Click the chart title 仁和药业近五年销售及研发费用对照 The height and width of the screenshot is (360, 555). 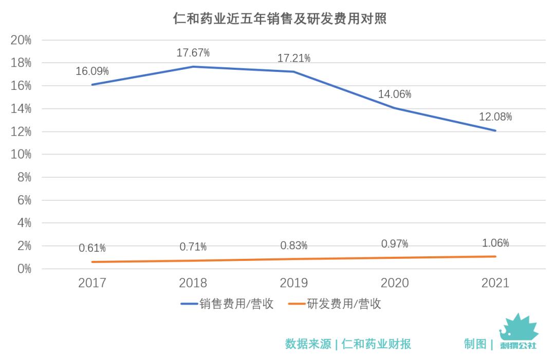tap(280, 20)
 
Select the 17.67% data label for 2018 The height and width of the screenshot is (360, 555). tap(193, 52)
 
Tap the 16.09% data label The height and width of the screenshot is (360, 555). tap(92, 71)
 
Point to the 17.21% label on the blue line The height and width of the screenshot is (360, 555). tap(294, 58)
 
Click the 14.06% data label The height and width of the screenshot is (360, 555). tap(395, 94)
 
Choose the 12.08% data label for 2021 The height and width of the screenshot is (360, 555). tap(495, 117)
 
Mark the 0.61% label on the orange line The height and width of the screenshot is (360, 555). tap(92, 248)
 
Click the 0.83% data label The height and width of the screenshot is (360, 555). tap(294, 245)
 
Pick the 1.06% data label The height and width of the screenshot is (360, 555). tap(495, 243)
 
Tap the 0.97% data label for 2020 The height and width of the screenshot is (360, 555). tap(395, 243)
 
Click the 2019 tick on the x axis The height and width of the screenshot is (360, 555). tap(294, 283)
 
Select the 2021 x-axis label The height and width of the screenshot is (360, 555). tap(495, 283)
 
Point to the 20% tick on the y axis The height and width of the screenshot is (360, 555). tap(21, 40)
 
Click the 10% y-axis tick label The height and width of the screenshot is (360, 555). tap(21, 155)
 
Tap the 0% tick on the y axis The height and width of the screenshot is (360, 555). tap(24, 269)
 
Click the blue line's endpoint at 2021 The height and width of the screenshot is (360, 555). tap(495, 130)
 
